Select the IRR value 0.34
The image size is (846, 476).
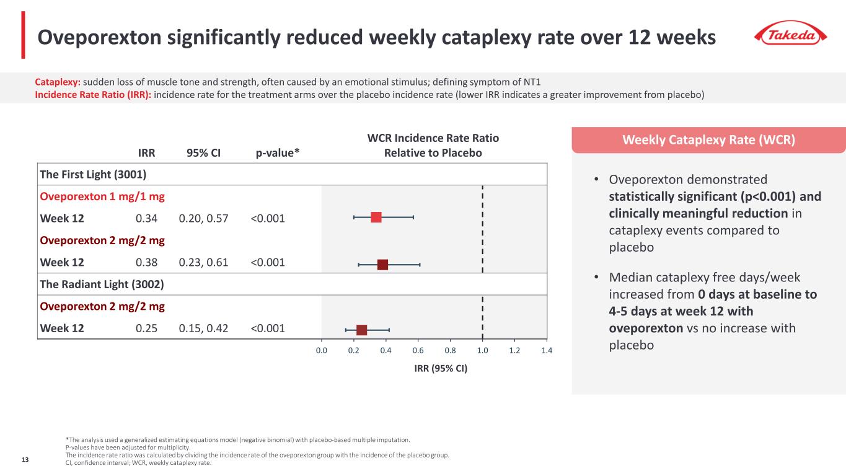click(146, 218)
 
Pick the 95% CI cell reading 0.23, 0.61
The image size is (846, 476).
click(203, 262)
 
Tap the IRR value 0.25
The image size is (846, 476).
click(146, 328)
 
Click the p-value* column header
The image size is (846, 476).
click(278, 152)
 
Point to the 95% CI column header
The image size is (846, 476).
click(204, 152)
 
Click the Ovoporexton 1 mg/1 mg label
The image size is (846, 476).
click(102, 196)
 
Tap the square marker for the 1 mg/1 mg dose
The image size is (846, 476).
click(376, 217)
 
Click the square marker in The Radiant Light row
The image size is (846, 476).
click(362, 330)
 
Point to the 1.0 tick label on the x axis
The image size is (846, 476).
click(482, 351)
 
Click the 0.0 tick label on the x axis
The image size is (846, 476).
click(322, 351)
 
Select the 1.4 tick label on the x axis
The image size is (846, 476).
click(546, 351)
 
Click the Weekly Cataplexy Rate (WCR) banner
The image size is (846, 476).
click(708, 139)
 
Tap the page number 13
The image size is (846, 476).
click(25, 459)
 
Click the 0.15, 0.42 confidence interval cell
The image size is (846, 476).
click(203, 328)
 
